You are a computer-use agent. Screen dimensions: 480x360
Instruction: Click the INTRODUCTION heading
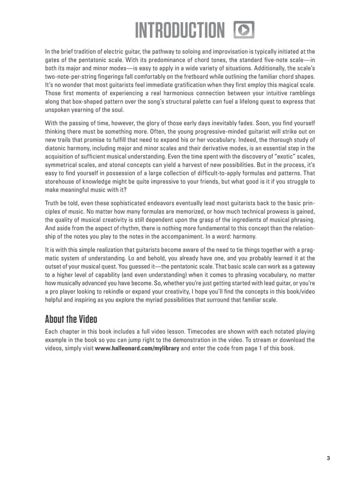click(x=180, y=30)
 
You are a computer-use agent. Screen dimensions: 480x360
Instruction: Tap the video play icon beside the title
click(x=244, y=30)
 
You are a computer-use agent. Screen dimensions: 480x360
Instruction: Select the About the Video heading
click(x=71, y=320)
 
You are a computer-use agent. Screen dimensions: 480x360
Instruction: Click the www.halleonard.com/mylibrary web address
click(x=137, y=348)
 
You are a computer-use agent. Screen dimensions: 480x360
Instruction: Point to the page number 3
click(x=328, y=459)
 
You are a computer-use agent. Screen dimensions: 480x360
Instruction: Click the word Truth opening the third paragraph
click(x=53, y=203)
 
